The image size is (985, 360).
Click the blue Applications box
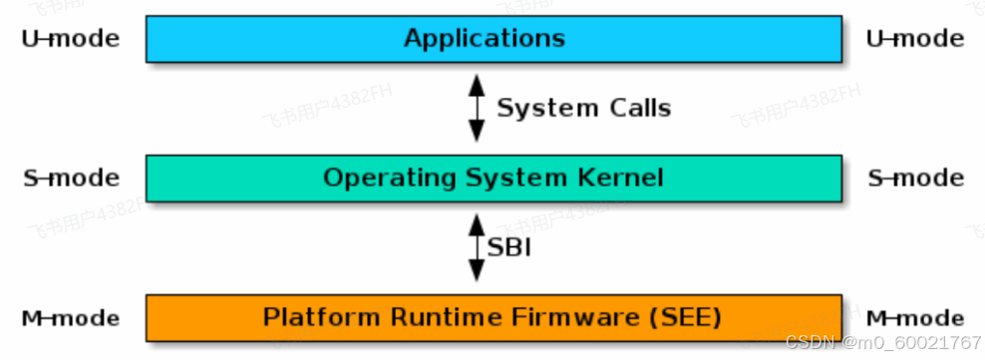pyautogui.click(x=493, y=39)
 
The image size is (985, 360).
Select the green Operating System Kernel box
pyautogui.click(x=493, y=179)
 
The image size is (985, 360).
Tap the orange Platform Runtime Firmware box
pyautogui.click(x=493, y=318)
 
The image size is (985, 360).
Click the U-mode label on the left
pyautogui.click(x=70, y=39)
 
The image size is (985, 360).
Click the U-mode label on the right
pyautogui.click(x=915, y=39)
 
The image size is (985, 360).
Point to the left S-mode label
pyautogui.click(x=70, y=179)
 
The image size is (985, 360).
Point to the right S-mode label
pyautogui.click(x=915, y=179)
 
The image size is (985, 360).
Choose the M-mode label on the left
pyautogui.click(x=70, y=319)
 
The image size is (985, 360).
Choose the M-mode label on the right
pyautogui.click(x=915, y=319)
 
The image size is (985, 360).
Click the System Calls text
pyautogui.click(x=583, y=108)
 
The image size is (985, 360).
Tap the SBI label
pyautogui.click(x=508, y=247)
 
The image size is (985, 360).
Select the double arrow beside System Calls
pyautogui.click(x=477, y=108)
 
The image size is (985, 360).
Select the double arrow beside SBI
pyautogui.click(x=477, y=247)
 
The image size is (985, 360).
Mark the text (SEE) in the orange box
pyautogui.click(x=685, y=318)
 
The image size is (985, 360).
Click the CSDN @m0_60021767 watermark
pyautogui.click(x=883, y=343)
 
